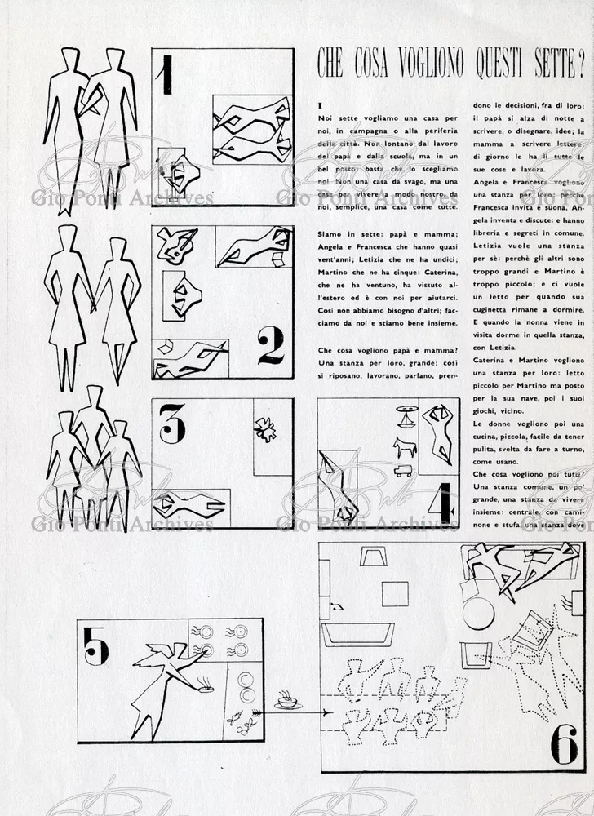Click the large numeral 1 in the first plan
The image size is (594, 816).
[166, 75]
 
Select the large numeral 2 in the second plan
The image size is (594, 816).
[271, 345]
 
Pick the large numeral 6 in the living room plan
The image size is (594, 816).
[564, 743]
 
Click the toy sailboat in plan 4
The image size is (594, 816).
[406, 415]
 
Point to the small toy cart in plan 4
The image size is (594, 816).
[403, 471]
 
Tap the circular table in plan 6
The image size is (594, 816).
[478, 613]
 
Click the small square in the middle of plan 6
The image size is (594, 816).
[395, 593]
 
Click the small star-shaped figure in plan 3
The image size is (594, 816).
[265, 429]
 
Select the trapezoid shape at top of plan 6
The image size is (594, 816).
[375, 557]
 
